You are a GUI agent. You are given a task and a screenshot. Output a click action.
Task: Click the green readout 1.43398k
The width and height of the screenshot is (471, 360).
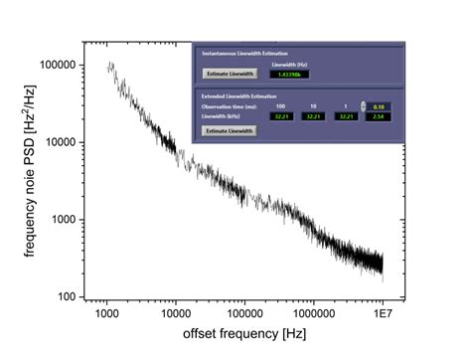click(x=289, y=74)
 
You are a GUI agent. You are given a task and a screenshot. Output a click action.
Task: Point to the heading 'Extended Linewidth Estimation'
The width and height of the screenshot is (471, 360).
click(x=237, y=95)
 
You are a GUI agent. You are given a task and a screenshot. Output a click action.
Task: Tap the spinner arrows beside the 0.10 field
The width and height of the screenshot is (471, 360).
click(x=364, y=105)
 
